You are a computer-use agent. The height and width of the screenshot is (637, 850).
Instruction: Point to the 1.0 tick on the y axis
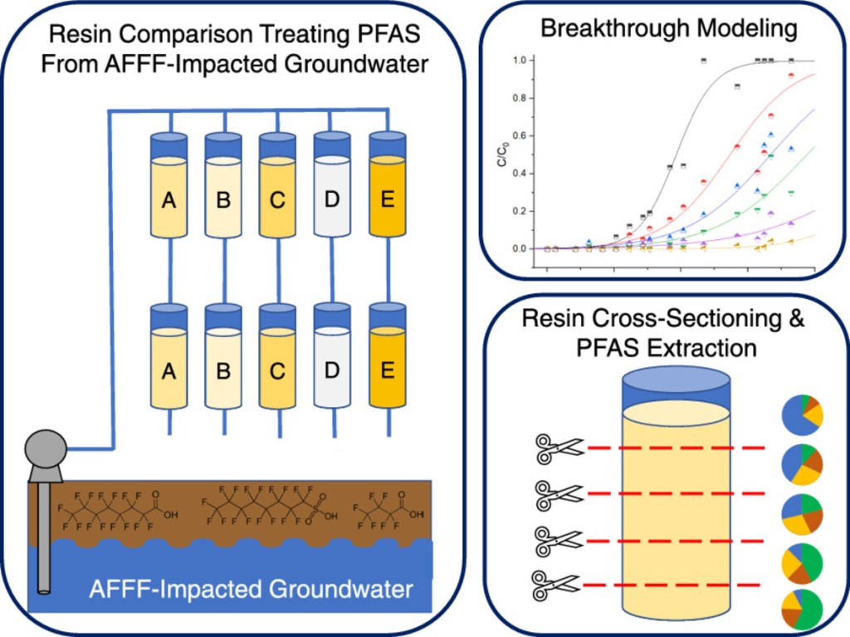pos(520,61)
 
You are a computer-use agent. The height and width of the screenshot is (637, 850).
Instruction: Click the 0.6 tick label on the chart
pos(520,136)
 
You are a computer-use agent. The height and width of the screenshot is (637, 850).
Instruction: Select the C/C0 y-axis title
pos(503,154)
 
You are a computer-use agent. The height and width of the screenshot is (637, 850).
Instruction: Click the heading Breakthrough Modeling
pos(668,29)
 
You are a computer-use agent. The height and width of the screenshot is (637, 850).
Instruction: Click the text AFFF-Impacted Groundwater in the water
pos(251,590)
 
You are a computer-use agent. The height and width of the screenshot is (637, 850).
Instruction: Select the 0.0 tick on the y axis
pos(520,248)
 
